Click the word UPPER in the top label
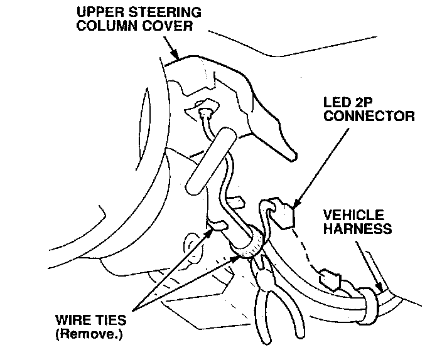[x=100, y=12]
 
